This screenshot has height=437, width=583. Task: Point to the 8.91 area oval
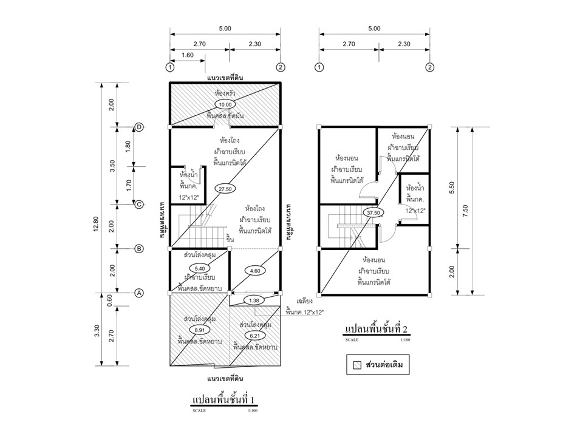[199, 329]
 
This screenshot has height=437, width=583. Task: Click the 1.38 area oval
[253, 300]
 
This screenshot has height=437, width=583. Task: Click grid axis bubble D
[139, 127]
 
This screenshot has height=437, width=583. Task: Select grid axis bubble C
[139, 205]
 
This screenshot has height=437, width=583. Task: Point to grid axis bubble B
[139, 249]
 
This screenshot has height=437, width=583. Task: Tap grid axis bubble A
[139, 293]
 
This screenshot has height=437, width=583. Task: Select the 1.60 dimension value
[187, 55]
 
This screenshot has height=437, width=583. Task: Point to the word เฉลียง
[304, 301]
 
